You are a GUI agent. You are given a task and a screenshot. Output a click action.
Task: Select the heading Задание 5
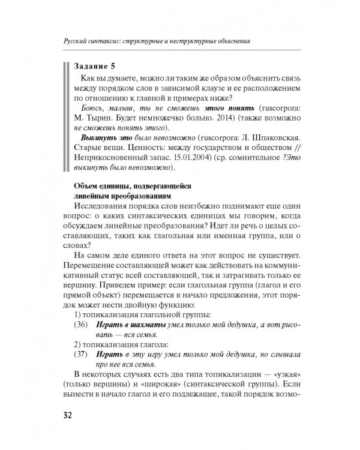97,66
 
